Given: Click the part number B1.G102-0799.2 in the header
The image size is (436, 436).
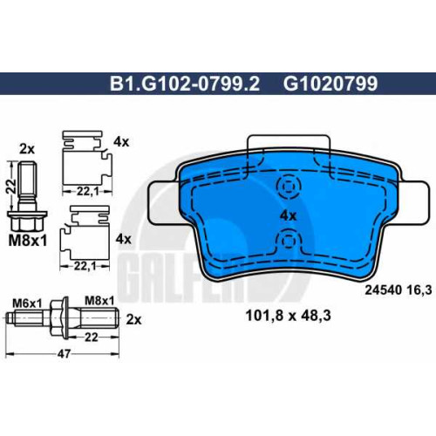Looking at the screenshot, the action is pyautogui.click(x=185, y=84).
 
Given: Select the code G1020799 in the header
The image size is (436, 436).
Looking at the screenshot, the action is pyautogui.click(x=330, y=84).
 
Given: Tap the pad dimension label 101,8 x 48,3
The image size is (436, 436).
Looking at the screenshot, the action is pyautogui.click(x=288, y=316).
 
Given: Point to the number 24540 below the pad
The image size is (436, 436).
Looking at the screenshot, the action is pyautogui.click(x=384, y=290).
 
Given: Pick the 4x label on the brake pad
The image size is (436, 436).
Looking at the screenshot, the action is pyautogui.click(x=288, y=215).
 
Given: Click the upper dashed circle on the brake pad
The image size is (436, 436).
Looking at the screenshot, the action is pyautogui.click(x=288, y=186).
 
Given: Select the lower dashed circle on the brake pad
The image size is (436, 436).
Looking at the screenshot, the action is pyautogui.click(x=288, y=241).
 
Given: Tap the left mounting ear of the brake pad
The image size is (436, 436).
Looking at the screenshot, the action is pyautogui.click(x=163, y=202).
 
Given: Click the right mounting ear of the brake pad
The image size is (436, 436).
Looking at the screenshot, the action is pyautogui.click(x=412, y=202).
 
